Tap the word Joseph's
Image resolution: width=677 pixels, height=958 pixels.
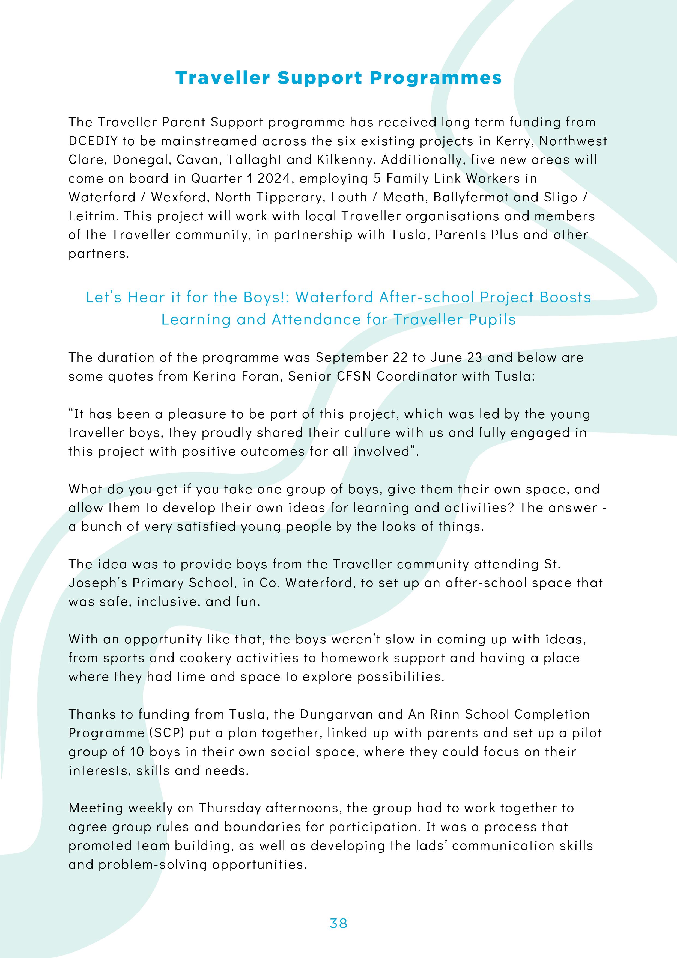(x=98, y=583)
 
